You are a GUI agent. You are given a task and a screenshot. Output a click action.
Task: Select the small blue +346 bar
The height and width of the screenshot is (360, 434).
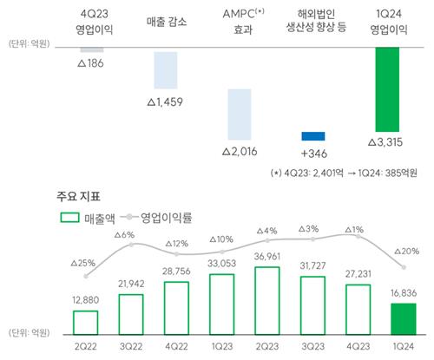[313, 136]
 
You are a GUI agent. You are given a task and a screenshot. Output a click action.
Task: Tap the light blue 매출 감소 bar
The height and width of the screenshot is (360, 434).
[166, 69]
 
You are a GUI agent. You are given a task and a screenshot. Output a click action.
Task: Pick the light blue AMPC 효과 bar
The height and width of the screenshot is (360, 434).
[240, 114]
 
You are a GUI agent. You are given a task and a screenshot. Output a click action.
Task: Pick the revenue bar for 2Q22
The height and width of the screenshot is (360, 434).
[85, 322]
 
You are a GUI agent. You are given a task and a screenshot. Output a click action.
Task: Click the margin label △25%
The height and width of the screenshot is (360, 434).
[83, 261]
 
